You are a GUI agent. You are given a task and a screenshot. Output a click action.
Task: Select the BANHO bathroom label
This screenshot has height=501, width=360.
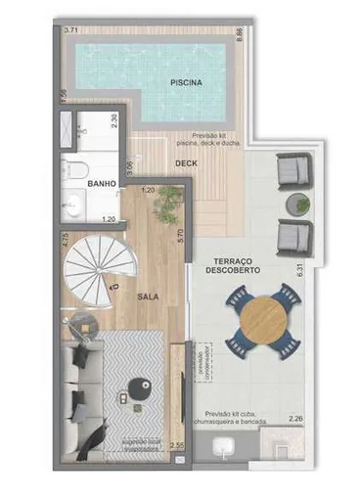click(x=102, y=183)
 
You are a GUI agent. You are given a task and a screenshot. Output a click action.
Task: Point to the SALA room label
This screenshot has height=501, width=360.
click(x=148, y=295)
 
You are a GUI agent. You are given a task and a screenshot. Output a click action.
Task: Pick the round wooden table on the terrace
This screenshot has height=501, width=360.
click(x=261, y=318)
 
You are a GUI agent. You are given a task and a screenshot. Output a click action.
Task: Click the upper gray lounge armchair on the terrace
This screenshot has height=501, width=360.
click(x=293, y=175)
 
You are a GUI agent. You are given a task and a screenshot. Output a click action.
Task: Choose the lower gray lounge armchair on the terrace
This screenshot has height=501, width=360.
click(x=293, y=236)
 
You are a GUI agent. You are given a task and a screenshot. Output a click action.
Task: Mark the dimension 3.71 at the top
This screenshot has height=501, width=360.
click(x=71, y=32)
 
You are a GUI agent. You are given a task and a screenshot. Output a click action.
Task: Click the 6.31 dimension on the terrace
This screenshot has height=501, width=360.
click(x=313, y=267)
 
